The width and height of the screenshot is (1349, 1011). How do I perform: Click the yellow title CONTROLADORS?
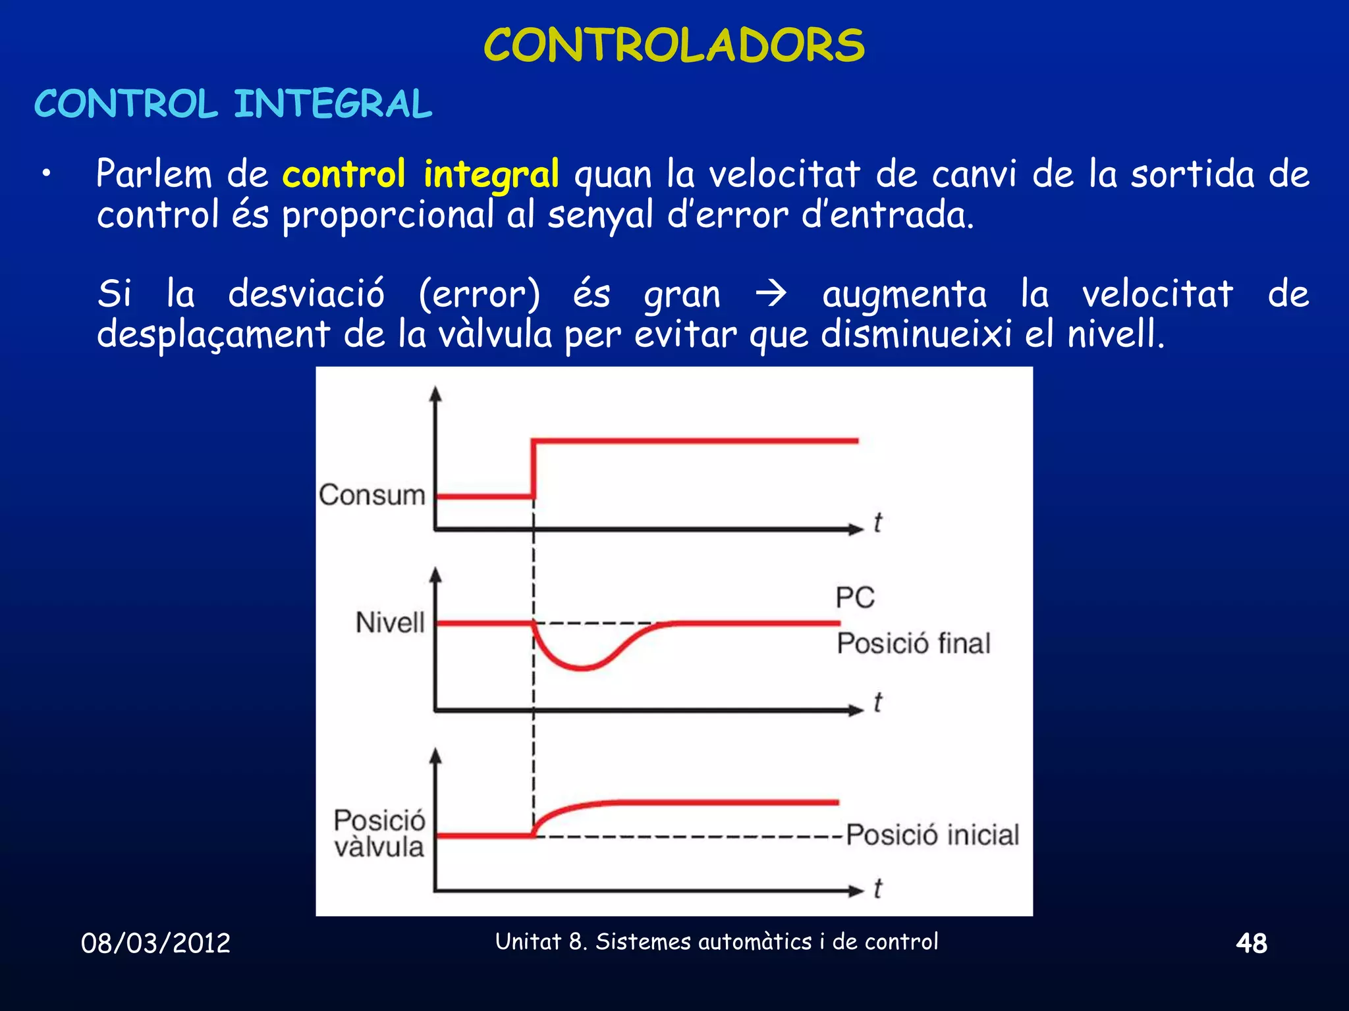click(674, 46)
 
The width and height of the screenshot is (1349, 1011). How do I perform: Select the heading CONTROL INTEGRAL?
click(233, 105)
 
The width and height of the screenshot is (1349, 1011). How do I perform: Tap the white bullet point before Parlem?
click(45, 174)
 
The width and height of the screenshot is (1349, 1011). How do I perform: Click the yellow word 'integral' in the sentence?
click(491, 175)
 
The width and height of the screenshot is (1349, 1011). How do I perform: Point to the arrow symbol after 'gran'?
click(771, 294)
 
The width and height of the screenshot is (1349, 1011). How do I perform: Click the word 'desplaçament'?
click(213, 334)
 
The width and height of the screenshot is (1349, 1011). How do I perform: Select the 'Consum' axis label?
click(372, 495)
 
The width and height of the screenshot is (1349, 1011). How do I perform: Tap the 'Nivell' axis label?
click(390, 623)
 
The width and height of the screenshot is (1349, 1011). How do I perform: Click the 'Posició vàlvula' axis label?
click(379, 834)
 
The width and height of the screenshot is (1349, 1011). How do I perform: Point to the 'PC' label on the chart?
click(855, 598)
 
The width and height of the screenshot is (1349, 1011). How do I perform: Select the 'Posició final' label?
click(914, 644)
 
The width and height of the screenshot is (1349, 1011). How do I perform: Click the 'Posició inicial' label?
click(932, 835)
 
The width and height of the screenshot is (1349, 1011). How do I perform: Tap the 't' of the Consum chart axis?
click(877, 523)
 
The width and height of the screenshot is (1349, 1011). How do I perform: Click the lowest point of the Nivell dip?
click(582, 668)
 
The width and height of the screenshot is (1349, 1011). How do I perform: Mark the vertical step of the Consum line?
click(534, 468)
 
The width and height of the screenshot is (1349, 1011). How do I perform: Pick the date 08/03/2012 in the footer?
click(155, 943)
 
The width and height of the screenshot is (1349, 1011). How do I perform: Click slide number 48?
click(1251, 943)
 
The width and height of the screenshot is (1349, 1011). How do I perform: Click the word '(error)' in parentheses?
click(480, 294)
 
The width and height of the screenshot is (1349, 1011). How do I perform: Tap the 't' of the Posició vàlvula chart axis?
click(877, 889)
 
